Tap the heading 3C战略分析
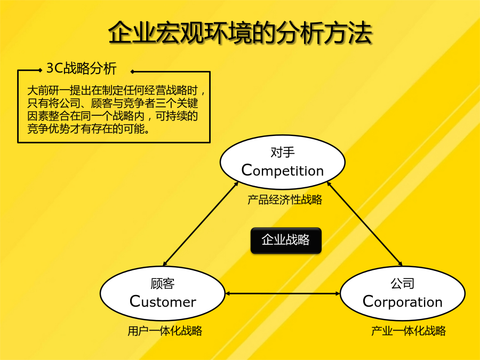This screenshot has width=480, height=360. (x=82, y=68)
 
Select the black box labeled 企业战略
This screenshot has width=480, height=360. (x=286, y=241)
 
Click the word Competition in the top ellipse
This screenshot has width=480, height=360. (x=282, y=171)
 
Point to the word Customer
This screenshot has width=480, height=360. (x=163, y=301)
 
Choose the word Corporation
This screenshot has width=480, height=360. (x=403, y=302)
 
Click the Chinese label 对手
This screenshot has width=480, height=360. (x=283, y=152)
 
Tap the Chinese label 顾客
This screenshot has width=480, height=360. (x=163, y=284)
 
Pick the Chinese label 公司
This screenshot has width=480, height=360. (x=403, y=283)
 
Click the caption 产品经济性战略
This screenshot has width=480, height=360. (x=285, y=199)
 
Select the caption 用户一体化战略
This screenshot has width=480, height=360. (x=165, y=331)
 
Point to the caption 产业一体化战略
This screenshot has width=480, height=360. (x=409, y=331)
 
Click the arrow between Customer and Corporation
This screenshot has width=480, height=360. (x=283, y=293)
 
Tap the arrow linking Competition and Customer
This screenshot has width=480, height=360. (x=201, y=224)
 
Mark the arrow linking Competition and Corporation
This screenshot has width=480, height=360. (x=365, y=224)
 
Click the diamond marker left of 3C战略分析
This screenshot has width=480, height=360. (x=41, y=70)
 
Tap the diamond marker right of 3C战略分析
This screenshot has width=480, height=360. (x=132, y=71)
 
